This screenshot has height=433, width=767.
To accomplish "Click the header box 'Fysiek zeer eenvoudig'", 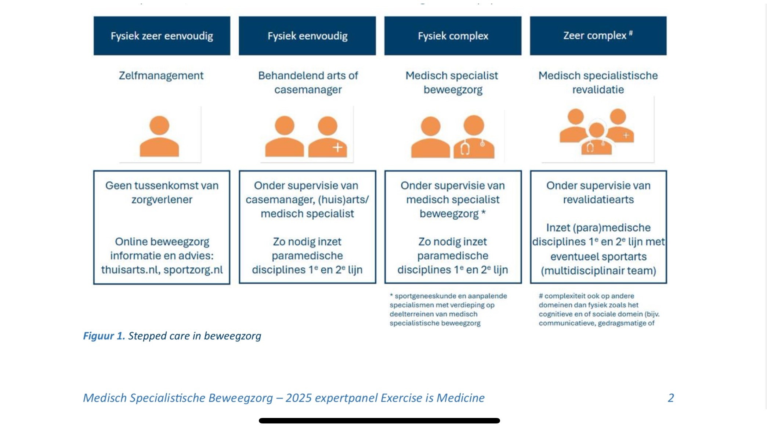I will click(162, 36).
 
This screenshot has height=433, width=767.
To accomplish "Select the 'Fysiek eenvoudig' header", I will click(307, 36).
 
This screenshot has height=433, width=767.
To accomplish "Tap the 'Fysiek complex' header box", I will click(453, 36).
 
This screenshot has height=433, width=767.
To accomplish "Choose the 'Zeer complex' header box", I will click(598, 36).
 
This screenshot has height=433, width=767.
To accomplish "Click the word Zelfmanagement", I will click(161, 76).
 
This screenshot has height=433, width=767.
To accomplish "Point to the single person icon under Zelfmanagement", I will click(159, 136).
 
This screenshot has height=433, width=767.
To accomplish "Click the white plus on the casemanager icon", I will click(337, 148).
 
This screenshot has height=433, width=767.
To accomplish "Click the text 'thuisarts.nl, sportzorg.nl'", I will click(162, 270).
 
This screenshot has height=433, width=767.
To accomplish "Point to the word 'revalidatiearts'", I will click(598, 200).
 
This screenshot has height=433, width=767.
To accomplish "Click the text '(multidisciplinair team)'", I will click(598, 271).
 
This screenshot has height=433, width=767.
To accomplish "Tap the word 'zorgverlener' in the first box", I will click(162, 200).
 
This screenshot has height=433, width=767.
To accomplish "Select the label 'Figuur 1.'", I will click(104, 336).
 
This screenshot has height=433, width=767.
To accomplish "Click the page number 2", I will click(670, 398).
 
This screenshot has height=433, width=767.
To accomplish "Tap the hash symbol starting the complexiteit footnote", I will click(541, 296).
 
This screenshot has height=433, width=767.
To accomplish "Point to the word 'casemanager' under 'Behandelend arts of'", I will click(308, 90).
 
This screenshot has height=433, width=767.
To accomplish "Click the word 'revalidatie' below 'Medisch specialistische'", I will click(598, 90).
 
